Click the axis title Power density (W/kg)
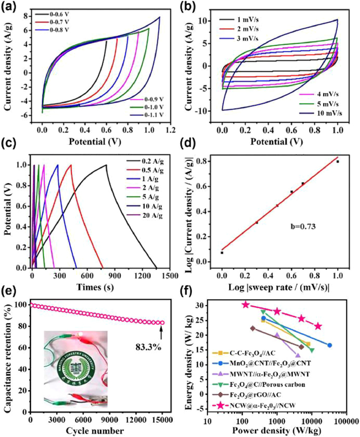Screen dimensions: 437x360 point(277,431)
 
